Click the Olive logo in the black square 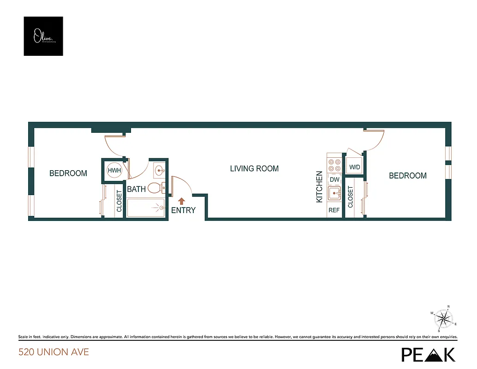coord(43,36)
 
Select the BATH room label coord(137,189)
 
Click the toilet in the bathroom coord(157,188)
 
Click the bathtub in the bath coord(146,208)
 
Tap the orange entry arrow coord(181,201)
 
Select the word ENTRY coord(183,210)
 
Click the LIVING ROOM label coord(254,169)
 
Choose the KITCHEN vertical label coord(319,187)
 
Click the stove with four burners coord(334,165)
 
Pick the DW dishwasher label coord(334,180)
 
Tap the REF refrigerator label coord(334,210)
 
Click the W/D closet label coord(355,167)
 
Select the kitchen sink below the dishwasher coord(334,193)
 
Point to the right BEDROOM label coord(408,176)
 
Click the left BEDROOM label coord(68,173)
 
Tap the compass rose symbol coord(444,319)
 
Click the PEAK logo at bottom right coord(428,354)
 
